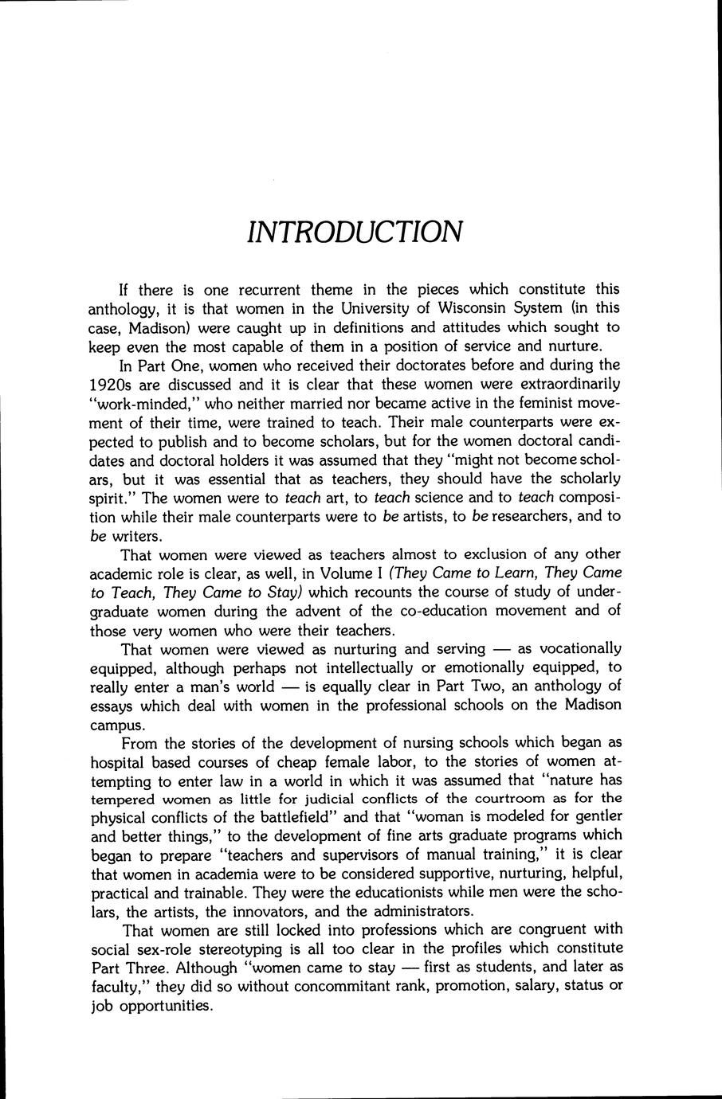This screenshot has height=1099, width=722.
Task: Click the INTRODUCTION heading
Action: [354, 231]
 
